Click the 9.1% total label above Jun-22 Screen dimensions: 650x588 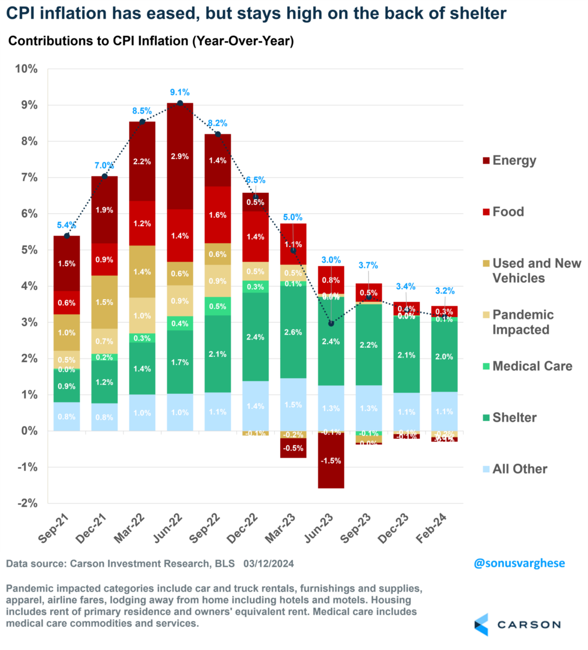pos(180,93)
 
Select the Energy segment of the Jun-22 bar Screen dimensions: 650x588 pos(180,156)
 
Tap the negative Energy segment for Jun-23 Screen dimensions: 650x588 pos(331,460)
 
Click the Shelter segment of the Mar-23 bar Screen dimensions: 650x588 pos(293,332)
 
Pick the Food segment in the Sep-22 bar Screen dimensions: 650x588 pos(217,214)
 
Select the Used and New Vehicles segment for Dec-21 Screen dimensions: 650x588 pos(104,302)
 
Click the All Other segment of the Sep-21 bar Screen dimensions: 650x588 pos(67,417)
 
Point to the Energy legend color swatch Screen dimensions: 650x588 pos(486,161)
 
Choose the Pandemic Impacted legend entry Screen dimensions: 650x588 pos(523,322)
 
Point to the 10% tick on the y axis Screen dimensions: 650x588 pos(27,69)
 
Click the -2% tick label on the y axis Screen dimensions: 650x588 pos(27,503)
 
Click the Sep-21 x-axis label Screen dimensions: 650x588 pos(56,529)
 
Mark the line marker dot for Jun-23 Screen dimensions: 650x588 pos(331,323)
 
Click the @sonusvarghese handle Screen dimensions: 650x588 pos(519,563)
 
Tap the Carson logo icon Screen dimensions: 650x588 pos(481,625)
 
